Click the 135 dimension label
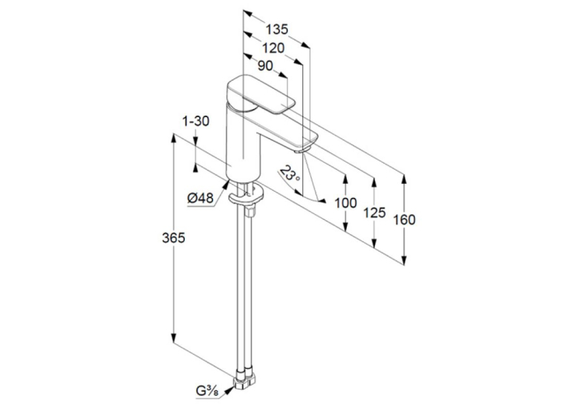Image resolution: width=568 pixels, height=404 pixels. click(x=277, y=30)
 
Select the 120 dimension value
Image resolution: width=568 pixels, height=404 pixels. click(x=273, y=47)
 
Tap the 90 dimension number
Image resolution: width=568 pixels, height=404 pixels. click(x=265, y=66)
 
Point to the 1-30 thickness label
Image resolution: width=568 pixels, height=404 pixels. click(x=196, y=121)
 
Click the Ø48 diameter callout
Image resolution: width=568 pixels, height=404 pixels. click(x=200, y=198)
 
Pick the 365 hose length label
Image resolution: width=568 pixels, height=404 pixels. click(x=174, y=238)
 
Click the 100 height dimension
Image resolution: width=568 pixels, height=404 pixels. click(x=345, y=203)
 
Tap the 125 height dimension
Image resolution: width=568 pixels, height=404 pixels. click(x=374, y=212)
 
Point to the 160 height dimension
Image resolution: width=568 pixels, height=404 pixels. click(x=404, y=219)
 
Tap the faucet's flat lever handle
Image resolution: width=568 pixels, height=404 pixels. click(x=261, y=94)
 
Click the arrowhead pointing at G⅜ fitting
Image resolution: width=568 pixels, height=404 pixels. click(x=229, y=389)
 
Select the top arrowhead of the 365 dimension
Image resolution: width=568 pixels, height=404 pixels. click(x=174, y=139)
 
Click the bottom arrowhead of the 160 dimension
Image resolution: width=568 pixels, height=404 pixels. click(x=404, y=259)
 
